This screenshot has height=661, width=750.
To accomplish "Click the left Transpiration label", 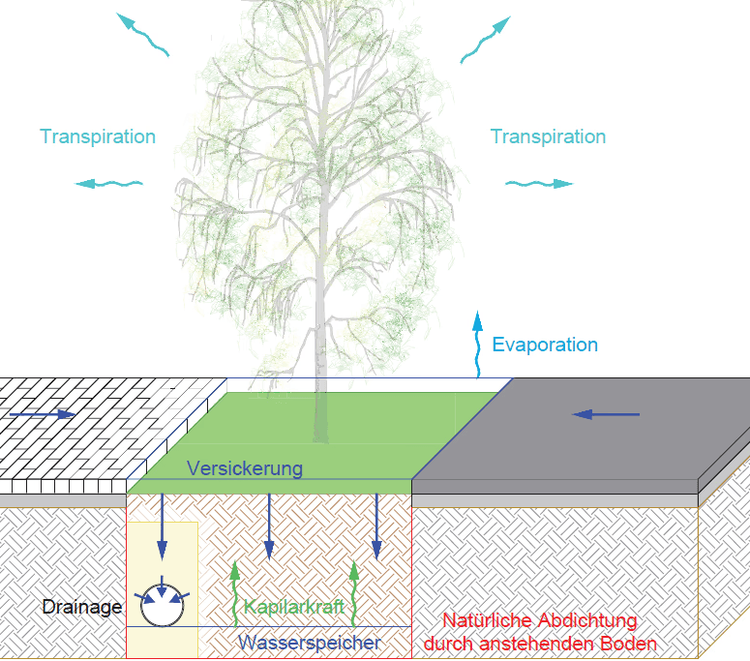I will tap(98, 136).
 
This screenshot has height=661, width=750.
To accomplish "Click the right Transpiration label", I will tap(548, 136).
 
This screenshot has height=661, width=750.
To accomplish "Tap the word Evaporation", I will tap(545, 345).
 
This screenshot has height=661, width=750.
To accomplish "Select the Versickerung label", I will tap(245, 468).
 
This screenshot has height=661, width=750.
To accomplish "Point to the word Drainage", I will tap(82, 608).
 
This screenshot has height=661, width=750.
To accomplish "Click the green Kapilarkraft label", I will tap(294, 608).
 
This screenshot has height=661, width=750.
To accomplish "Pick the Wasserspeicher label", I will tap(310, 642).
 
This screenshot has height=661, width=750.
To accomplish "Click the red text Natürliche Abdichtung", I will tap(539, 621).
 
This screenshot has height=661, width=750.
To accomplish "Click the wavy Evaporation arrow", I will tap(476, 344).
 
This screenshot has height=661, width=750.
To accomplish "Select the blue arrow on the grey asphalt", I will tap(606, 414).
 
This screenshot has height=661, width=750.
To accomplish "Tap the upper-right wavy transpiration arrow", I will tap(484, 40).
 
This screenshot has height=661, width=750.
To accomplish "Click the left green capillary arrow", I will tap(232, 594).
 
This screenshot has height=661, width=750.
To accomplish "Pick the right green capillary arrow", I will tap(355, 592).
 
